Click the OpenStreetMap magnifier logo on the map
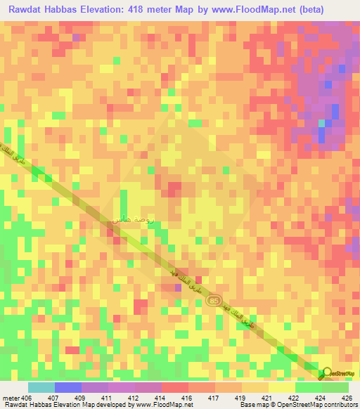(326, 373)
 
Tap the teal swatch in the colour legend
(41, 388)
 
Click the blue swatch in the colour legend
(68, 388)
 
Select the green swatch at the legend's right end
(335, 388)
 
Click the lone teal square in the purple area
(322, 123)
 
